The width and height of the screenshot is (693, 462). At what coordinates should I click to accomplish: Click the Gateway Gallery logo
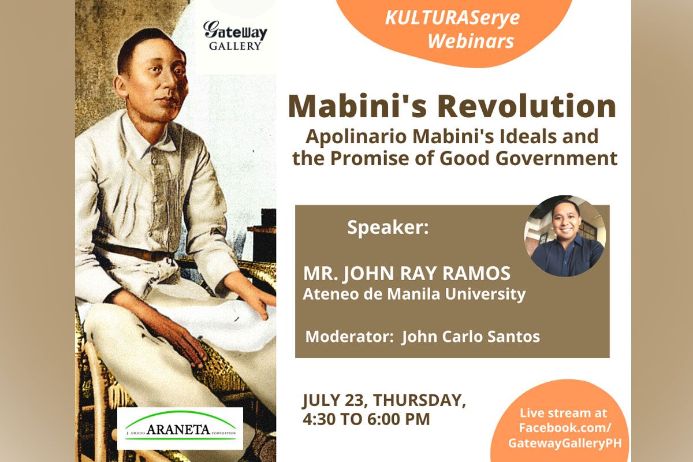point(235,36)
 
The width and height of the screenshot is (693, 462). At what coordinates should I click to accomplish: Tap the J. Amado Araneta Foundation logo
point(180,429)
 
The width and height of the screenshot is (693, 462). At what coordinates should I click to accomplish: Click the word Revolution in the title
point(527,106)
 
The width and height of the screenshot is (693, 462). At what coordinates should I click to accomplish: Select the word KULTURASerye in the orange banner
point(452,18)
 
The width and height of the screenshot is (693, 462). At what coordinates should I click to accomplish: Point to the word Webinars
point(471,42)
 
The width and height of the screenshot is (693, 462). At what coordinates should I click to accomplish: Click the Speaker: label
point(388,228)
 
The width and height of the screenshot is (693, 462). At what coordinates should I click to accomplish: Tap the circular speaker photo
point(565,236)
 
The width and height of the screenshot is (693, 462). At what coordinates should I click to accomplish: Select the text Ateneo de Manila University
point(414,294)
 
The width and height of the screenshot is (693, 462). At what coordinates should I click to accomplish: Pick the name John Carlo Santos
point(471,337)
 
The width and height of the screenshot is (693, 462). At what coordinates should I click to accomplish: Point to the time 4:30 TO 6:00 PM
point(366,419)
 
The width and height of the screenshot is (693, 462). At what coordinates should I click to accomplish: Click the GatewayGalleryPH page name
point(565,443)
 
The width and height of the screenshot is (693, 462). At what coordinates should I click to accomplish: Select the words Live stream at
point(563,413)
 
